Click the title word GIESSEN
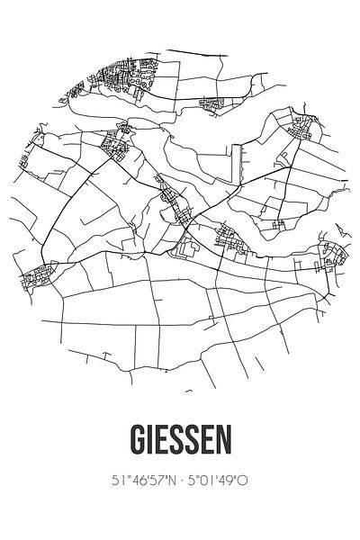coord(180,442)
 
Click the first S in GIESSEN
coord(175,442)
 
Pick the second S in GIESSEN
coord(193,442)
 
